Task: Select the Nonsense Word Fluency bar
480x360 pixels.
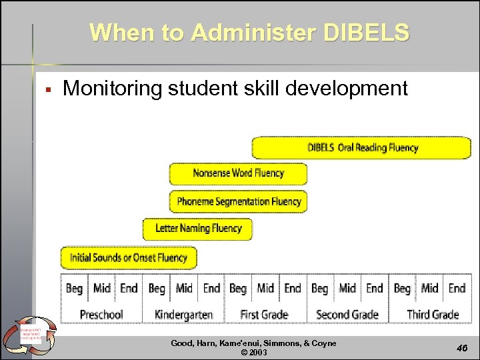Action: click(x=238, y=173)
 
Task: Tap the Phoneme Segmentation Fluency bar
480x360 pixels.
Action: click(x=238, y=201)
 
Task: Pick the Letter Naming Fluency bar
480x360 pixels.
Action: click(x=197, y=229)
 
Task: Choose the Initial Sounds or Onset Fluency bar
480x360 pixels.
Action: click(x=129, y=257)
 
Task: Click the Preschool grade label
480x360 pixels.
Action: click(x=101, y=314)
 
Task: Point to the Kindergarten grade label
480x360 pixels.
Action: click(x=183, y=314)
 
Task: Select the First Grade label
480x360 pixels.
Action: click(x=264, y=314)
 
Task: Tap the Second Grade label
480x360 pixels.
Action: click(x=347, y=314)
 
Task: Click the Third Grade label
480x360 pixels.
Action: click(x=432, y=314)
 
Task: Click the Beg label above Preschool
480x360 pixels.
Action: click(x=74, y=288)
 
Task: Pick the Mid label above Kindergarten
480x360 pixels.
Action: click(x=184, y=288)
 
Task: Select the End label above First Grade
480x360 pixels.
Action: click(x=293, y=288)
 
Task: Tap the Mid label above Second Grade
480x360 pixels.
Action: click(x=347, y=288)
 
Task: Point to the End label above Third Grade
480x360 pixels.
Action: click(x=457, y=288)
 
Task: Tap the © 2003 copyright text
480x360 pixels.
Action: click(x=253, y=352)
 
